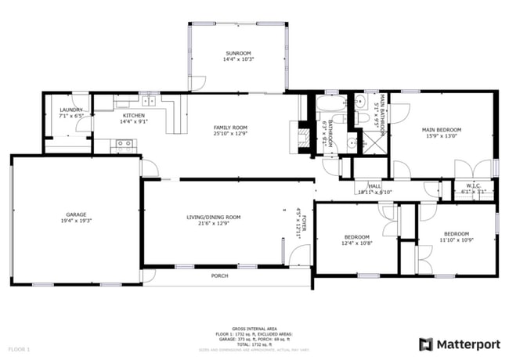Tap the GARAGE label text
point(76,214)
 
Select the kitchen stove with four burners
point(124,144)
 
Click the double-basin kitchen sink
point(148,101)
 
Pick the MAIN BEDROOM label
point(442,129)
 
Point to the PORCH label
point(220,275)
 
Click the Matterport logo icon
point(425,343)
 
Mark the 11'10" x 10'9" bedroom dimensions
point(456,240)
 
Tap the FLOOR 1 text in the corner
point(19,348)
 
